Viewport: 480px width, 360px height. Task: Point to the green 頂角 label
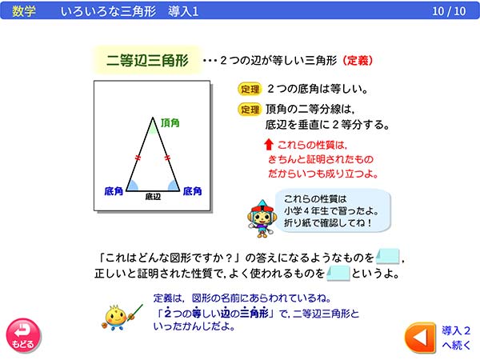click(170, 122)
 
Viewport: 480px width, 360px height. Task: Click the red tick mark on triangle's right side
click(168, 158)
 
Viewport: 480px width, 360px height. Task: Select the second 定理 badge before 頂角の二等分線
click(250, 110)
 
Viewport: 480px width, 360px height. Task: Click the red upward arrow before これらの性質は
click(268, 145)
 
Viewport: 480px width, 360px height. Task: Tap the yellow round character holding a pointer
click(117, 314)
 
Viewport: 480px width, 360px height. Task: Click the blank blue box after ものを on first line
click(387, 258)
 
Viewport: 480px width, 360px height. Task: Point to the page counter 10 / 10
click(448, 11)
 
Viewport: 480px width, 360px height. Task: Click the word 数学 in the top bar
click(25, 11)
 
